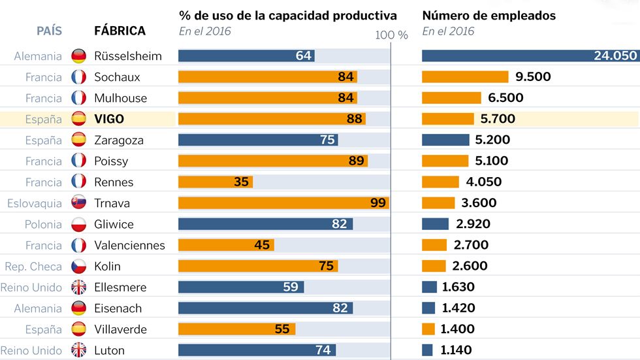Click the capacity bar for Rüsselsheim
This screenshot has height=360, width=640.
(x=246, y=56)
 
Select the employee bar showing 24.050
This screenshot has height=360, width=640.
(x=529, y=56)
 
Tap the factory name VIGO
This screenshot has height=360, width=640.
(x=108, y=119)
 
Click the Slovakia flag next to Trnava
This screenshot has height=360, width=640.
(x=78, y=203)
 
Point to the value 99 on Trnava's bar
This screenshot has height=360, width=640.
(x=377, y=203)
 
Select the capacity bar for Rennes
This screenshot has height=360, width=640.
(x=216, y=182)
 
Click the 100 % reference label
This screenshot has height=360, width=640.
(x=391, y=35)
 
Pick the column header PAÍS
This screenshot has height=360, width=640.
(x=50, y=31)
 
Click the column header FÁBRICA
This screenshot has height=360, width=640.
(x=120, y=31)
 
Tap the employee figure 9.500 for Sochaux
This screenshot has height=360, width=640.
(x=533, y=77)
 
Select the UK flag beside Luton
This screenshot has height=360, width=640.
(x=78, y=350)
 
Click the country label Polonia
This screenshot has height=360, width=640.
(x=43, y=224)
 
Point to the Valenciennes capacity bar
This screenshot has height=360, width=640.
(x=226, y=245)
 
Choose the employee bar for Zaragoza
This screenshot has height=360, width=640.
(x=445, y=140)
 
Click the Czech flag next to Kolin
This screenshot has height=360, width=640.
(x=78, y=267)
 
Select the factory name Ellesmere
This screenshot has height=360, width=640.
(x=120, y=287)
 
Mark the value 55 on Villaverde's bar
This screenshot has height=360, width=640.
(x=281, y=329)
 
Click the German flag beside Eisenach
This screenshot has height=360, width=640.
(x=78, y=308)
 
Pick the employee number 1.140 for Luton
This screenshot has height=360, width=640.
(x=456, y=350)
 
